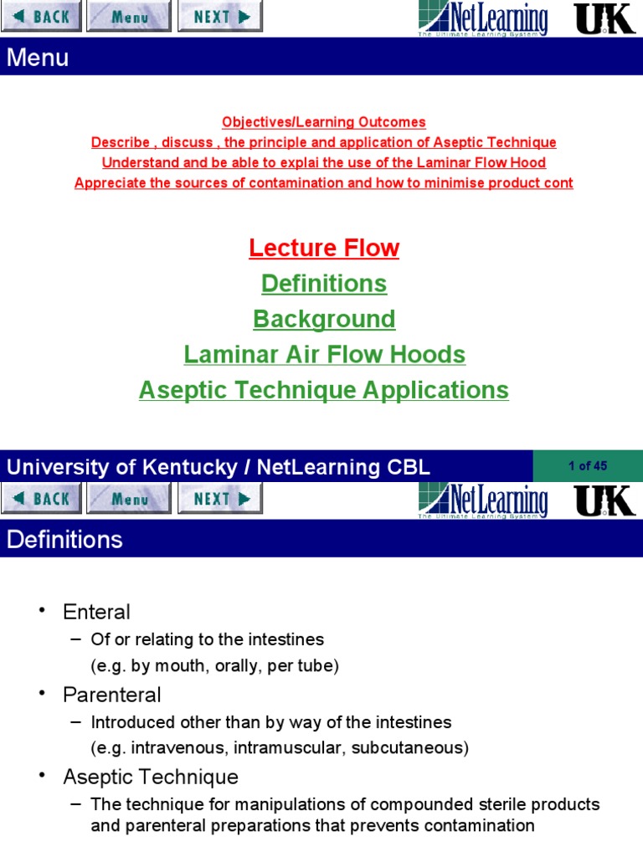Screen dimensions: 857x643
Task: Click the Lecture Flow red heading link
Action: click(324, 249)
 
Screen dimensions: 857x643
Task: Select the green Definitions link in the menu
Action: click(324, 284)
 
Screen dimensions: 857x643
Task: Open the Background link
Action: click(324, 320)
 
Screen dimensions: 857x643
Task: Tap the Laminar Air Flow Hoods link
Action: click(324, 355)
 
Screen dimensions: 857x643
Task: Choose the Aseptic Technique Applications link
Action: click(324, 391)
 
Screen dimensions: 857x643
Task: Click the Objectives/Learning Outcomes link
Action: click(324, 122)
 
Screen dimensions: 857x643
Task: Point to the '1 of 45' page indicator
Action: click(587, 466)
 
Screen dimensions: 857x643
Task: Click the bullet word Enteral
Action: click(96, 612)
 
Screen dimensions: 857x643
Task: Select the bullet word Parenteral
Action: click(111, 695)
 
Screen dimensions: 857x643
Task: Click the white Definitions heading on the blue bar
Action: click(64, 540)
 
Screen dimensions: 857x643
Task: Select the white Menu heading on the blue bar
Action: click(38, 58)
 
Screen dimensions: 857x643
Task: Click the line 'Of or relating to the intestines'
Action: click(207, 639)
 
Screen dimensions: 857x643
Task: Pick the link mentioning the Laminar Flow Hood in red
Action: click(324, 163)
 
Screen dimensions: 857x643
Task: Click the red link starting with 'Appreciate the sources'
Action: click(324, 183)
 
